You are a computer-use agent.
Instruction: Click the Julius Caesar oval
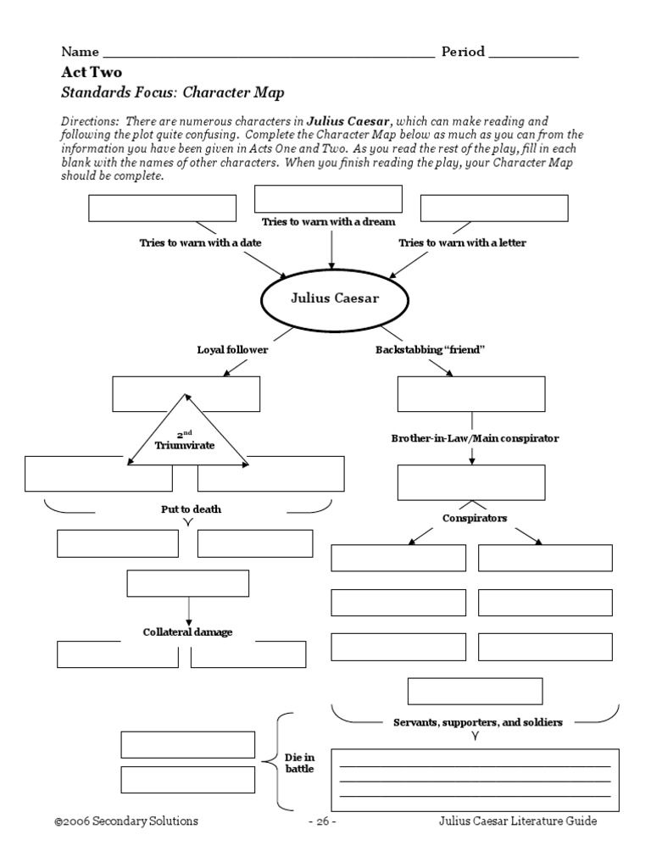pyautogui.click(x=329, y=298)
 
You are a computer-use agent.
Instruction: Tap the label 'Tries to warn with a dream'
pyautogui.click(x=329, y=221)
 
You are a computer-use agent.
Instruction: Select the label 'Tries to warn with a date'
pyautogui.click(x=200, y=242)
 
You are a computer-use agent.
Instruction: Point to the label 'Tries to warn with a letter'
pyautogui.click(x=462, y=242)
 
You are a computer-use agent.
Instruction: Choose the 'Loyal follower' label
pyautogui.click(x=232, y=349)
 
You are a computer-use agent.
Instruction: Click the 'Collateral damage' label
pyautogui.click(x=187, y=632)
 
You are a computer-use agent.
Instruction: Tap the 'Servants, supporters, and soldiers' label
pyautogui.click(x=479, y=721)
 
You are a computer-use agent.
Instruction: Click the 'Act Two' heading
pyautogui.click(x=92, y=72)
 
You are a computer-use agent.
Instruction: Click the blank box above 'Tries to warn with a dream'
pyautogui.click(x=328, y=198)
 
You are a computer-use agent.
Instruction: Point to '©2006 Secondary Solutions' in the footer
pyautogui.click(x=126, y=821)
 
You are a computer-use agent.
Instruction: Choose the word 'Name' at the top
pyautogui.click(x=80, y=52)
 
